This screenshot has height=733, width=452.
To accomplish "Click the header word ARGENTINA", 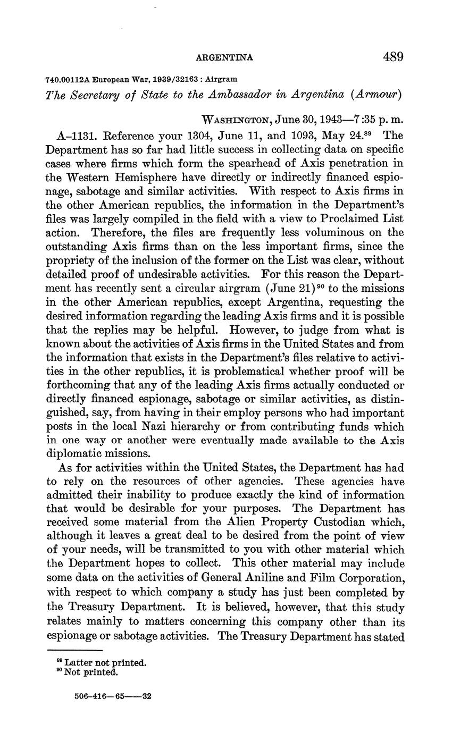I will [x=225, y=57].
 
